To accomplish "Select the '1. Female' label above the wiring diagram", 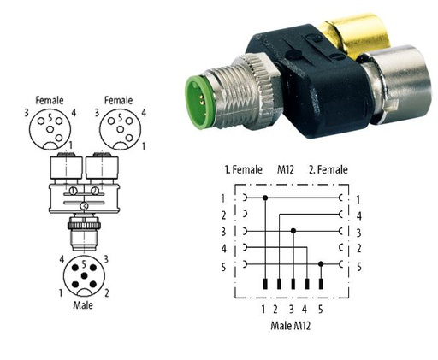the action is [x=243, y=169].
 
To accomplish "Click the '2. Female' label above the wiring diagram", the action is [x=328, y=169].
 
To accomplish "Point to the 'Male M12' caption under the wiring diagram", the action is [x=290, y=325].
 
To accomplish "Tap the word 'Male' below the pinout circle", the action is [x=83, y=305].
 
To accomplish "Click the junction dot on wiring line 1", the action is [x=265, y=198].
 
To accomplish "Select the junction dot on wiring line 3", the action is [x=293, y=231].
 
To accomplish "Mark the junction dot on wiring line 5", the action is [x=321, y=264].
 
